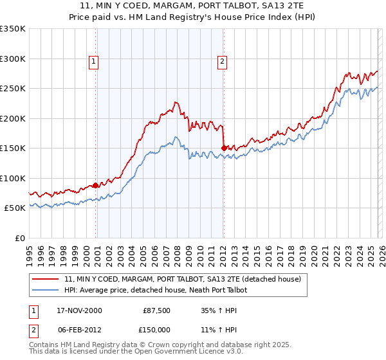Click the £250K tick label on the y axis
pyautogui.click(x=12, y=89)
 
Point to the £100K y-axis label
pyautogui.click(x=12, y=178)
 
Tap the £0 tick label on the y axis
pyautogui.click(x=19, y=238)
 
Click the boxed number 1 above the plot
pyautogui.click(x=94, y=62)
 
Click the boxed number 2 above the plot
pyautogui.click(x=222, y=62)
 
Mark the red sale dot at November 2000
pyautogui.click(x=96, y=186)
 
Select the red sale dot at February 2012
pyautogui.click(x=223, y=148)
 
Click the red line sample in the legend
pyautogui.click(x=46, y=280)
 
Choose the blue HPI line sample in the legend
pyautogui.click(x=46, y=291)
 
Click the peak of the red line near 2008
pyautogui.click(x=174, y=102)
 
